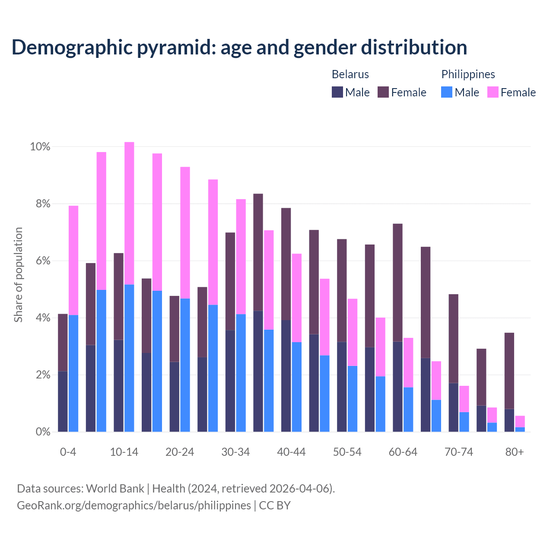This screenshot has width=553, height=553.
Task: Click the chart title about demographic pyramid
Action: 239,48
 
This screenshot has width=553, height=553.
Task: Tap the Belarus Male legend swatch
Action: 337,92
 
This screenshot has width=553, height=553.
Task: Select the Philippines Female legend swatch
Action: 493,92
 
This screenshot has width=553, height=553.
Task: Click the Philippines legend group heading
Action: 468,74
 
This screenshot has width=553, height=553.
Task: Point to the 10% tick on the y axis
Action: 40,147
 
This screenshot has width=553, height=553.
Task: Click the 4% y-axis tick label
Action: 42,318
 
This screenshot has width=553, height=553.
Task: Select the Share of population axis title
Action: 18,275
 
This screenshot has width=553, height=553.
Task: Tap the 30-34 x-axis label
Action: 235,452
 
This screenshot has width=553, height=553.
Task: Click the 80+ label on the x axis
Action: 515,452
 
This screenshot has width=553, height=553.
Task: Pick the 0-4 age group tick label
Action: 68,452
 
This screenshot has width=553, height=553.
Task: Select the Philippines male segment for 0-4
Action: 73,373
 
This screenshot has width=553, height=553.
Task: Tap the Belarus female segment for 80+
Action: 509,371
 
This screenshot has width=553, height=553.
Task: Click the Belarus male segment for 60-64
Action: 397,387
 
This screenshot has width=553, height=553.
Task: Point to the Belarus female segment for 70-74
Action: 454,338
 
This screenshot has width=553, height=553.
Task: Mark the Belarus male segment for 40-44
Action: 286,376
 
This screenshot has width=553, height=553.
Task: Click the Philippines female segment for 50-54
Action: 353,332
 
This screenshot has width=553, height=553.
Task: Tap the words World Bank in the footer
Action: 115,489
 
